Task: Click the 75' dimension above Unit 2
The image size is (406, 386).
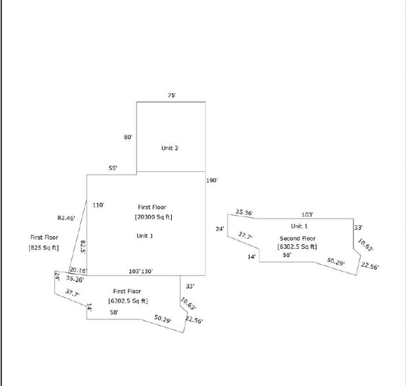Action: pos(171,96)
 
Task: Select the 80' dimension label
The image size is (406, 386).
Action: pos(129,137)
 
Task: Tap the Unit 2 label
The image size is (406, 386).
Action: pos(170,148)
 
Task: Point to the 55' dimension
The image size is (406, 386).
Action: pos(113,169)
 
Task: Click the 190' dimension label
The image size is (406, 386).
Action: pos(212,180)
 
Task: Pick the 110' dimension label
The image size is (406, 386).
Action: pos(98,205)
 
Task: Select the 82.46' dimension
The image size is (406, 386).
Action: pos(66,217)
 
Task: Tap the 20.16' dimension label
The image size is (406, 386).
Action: pos(78,270)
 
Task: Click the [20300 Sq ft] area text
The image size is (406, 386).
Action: pos(154,217)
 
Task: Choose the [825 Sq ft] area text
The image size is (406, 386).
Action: pos(44,247)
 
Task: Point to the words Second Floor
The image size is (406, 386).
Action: pos(298,238)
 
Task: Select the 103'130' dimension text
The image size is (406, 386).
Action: pos(140,270)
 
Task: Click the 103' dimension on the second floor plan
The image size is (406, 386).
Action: pos(307,215)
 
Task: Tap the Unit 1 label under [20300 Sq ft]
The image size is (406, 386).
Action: pos(145,236)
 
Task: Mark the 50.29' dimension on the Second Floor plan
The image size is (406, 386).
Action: pos(336,262)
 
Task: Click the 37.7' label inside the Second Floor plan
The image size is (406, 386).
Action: pos(245,236)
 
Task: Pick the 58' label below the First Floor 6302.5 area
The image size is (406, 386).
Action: pos(114,312)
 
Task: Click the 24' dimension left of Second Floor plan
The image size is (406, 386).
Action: pos(220,229)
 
